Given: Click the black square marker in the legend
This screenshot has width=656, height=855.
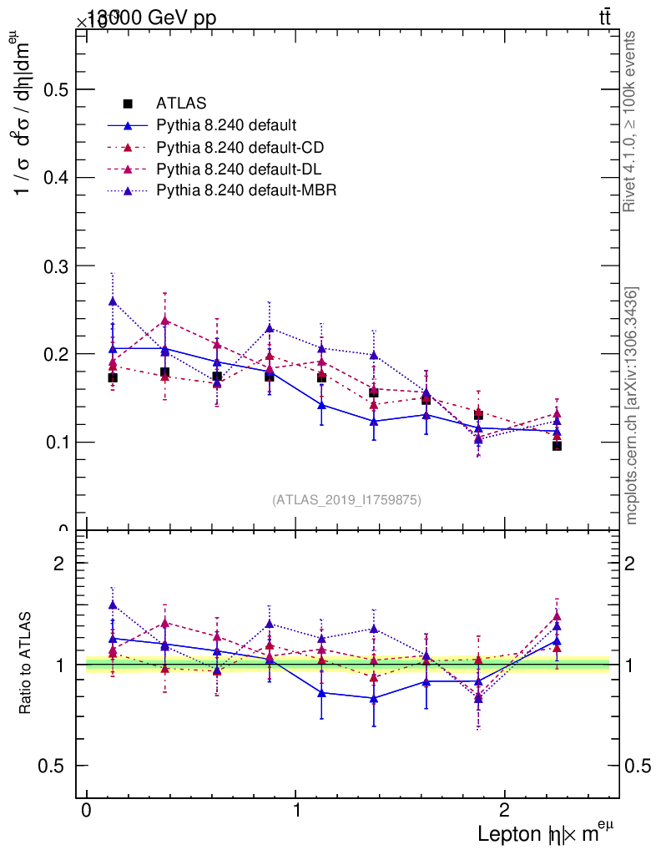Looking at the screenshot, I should (128, 104).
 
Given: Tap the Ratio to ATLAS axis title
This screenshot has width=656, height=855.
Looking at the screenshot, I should (26, 665).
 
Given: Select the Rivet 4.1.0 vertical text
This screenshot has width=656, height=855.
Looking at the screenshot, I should (631, 121).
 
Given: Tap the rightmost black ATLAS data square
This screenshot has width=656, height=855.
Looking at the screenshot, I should (557, 446).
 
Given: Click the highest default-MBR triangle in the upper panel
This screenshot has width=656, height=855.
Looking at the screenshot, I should (113, 301).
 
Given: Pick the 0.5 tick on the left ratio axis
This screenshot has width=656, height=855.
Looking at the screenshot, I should (54, 766).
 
